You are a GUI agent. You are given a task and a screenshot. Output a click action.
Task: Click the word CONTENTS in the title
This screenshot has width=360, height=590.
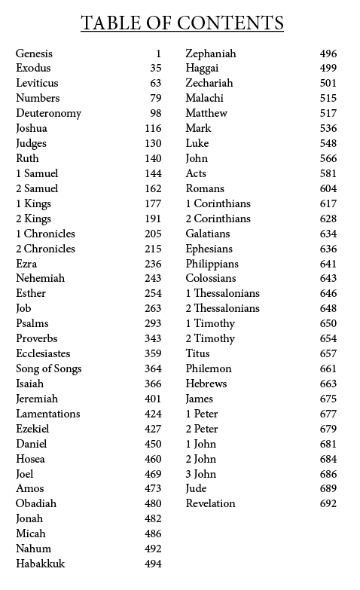[x=230, y=23]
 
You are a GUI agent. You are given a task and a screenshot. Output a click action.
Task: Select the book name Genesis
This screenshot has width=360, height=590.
[x=34, y=53]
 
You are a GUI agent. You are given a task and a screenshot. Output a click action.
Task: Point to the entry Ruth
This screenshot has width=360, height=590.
[x=27, y=158]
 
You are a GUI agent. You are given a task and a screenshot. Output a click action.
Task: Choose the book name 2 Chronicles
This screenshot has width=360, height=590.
[x=46, y=249]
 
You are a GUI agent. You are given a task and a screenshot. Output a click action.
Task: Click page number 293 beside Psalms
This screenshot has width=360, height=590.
[x=153, y=323]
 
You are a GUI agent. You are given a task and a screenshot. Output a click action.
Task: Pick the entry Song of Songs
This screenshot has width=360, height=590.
[x=49, y=368]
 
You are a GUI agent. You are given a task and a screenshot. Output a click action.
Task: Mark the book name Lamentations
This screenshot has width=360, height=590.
[x=47, y=414]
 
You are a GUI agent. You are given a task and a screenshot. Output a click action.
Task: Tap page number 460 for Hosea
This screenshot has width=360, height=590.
[x=153, y=459]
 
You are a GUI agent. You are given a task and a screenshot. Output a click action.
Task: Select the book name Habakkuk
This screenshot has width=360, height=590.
[x=41, y=564]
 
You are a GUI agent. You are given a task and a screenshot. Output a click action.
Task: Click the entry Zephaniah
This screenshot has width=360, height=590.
[x=211, y=53]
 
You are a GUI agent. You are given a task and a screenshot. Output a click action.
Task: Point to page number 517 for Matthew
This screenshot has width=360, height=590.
[x=328, y=113]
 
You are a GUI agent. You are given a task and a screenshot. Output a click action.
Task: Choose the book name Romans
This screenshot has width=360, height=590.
[x=205, y=188]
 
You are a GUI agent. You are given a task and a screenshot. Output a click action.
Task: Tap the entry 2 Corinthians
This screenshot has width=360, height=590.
[x=218, y=219]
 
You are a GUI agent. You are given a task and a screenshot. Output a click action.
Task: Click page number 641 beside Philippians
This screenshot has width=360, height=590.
[x=328, y=264]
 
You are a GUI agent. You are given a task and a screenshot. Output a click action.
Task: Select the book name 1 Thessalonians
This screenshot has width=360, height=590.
[x=223, y=293]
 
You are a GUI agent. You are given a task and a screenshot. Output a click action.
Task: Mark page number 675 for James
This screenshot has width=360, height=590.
[x=328, y=399]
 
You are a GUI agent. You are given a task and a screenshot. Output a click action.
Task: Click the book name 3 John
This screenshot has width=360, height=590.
[x=201, y=474]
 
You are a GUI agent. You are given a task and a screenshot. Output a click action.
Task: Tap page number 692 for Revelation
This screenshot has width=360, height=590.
[x=328, y=503]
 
